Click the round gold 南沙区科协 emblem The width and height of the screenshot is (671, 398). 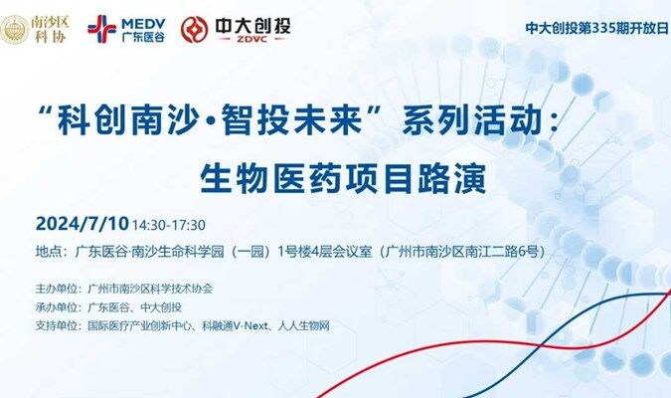(x=14, y=30)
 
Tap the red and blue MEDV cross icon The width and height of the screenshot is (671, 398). (x=101, y=29)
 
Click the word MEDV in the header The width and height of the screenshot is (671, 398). (x=143, y=24)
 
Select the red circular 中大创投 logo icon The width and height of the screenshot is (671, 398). (x=194, y=29)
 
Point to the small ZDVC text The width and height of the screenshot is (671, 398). (x=252, y=39)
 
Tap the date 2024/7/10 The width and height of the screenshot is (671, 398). (x=83, y=224)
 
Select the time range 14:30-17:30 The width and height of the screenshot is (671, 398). (x=169, y=225)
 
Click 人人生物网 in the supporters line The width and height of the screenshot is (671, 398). (x=304, y=326)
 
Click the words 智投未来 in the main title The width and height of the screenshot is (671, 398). (x=292, y=119)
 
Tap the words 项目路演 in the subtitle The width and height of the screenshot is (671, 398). (x=416, y=178)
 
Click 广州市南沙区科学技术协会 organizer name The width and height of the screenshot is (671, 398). (x=150, y=289)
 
